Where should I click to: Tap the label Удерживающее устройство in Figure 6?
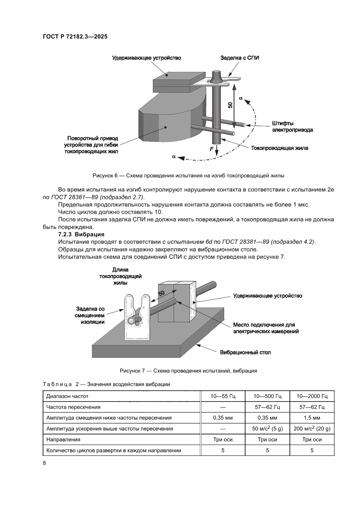pyautogui.click(x=146, y=57)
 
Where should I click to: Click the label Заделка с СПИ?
pyautogui.click(x=239, y=57)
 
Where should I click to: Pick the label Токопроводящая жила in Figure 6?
pyautogui.click(x=279, y=148)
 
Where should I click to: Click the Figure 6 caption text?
pyautogui.click(x=188, y=176)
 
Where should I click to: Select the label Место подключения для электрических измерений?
pyautogui.click(x=264, y=328)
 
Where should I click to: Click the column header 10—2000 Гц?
pyautogui.click(x=312, y=396)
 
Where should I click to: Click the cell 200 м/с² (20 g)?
pyautogui.click(x=312, y=428)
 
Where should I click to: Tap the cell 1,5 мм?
pyautogui.click(x=312, y=418)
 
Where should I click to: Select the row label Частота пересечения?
pyautogui.click(x=74, y=407)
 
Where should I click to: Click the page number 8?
pyautogui.click(x=44, y=463)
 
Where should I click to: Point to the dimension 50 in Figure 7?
pyautogui.click(x=161, y=293)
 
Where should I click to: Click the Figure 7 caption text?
pyautogui.click(x=188, y=371)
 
